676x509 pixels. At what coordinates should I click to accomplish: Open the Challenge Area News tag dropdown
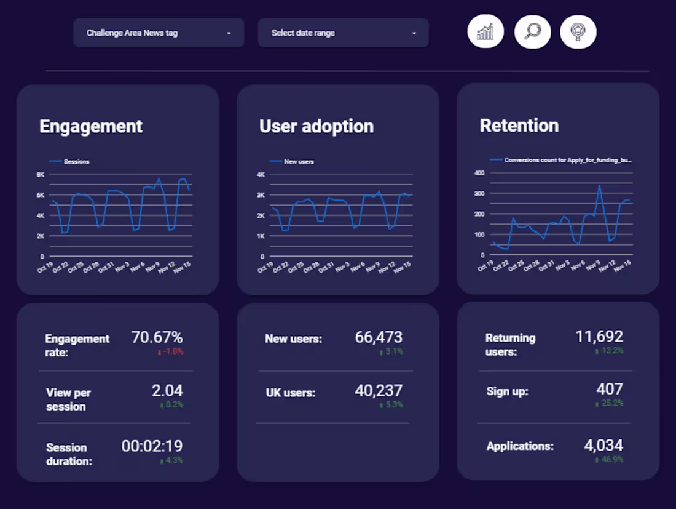point(158,33)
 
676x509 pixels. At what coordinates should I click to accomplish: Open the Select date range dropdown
point(343,33)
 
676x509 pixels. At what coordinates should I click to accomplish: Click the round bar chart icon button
point(485,32)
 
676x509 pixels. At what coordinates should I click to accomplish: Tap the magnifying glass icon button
point(532,32)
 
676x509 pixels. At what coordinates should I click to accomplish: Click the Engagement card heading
point(91,127)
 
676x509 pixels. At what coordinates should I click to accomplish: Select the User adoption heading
point(316,127)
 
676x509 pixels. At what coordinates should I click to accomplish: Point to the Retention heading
point(519,126)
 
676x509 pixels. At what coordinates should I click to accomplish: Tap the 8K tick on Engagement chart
point(40,174)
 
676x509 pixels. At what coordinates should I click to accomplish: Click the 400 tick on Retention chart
point(480,173)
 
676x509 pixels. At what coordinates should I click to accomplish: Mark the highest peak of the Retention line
point(599,185)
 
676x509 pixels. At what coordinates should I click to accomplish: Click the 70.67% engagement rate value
point(157,337)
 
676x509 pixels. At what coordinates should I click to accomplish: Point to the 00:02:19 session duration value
point(152,446)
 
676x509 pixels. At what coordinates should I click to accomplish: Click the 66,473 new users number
point(379,337)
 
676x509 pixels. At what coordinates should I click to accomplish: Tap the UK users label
point(290,393)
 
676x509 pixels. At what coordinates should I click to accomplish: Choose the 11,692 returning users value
point(599,337)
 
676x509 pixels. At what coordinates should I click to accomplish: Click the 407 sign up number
point(610,389)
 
